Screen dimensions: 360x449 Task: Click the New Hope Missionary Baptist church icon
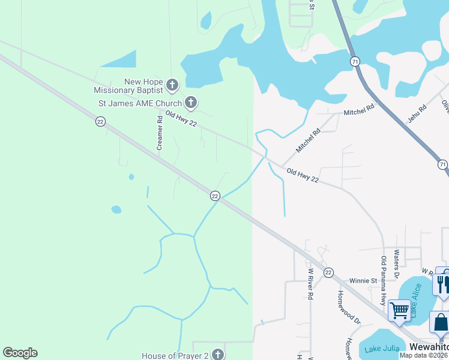click(x=172, y=85)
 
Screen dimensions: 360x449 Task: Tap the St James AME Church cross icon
click(x=190, y=103)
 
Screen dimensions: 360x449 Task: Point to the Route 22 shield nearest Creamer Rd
click(x=100, y=121)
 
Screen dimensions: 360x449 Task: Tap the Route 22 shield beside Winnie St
click(x=328, y=272)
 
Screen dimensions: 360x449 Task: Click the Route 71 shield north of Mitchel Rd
click(x=355, y=61)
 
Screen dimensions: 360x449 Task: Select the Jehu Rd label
click(x=417, y=113)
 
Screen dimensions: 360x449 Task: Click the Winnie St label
click(x=363, y=280)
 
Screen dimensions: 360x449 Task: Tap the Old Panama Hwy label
click(x=384, y=280)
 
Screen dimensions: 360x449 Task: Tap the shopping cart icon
click(x=399, y=311)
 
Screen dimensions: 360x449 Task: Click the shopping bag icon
click(x=441, y=323)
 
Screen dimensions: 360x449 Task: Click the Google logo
click(x=20, y=353)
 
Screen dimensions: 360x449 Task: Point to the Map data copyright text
click(x=424, y=355)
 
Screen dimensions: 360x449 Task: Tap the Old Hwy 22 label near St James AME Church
click(x=181, y=119)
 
